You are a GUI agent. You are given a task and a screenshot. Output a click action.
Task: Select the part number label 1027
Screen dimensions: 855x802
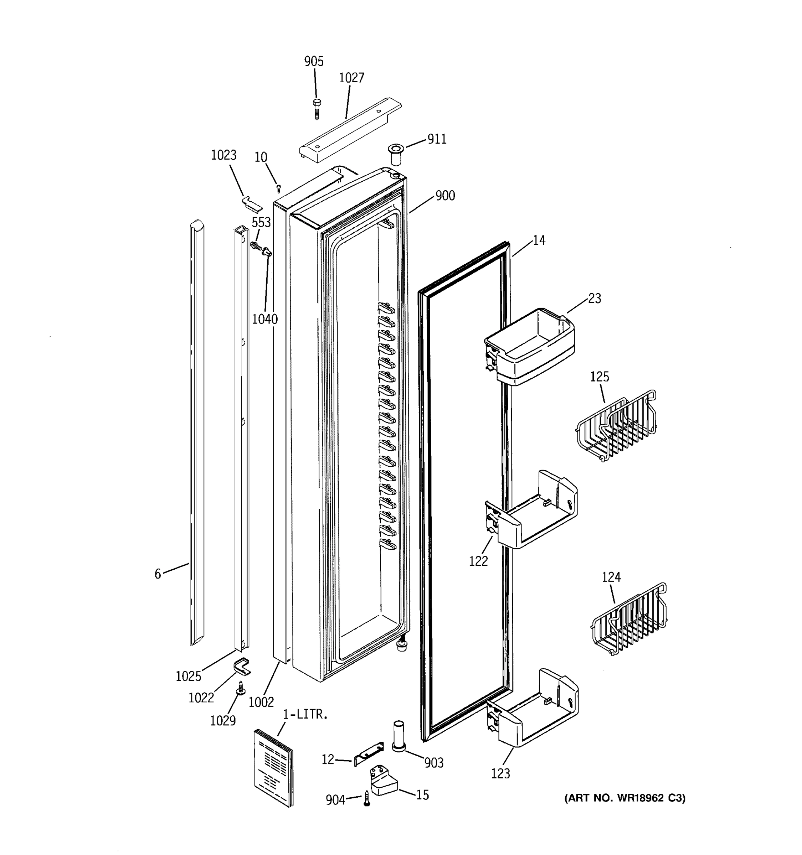(x=351, y=78)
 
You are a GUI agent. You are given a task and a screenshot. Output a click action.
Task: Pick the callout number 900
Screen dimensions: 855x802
(x=445, y=196)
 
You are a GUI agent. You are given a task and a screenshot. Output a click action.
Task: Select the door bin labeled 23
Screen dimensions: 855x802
(x=530, y=347)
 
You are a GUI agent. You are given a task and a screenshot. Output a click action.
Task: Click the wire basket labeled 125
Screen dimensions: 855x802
(x=616, y=425)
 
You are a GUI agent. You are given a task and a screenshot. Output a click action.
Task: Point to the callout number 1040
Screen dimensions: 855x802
(x=264, y=319)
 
